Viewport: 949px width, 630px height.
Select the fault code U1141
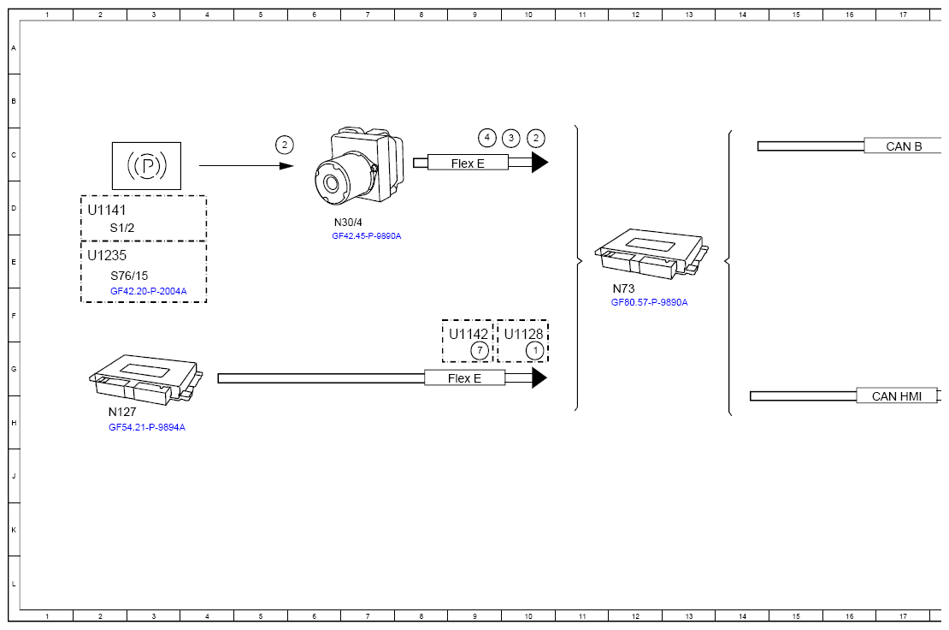[x=107, y=211]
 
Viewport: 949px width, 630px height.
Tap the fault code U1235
[x=107, y=256]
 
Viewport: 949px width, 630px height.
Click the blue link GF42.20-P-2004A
[x=148, y=291]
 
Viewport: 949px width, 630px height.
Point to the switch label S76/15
[x=129, y=276]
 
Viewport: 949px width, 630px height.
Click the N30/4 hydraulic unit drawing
[x=359, y=168]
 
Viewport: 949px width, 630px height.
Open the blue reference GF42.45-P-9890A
[x=366, y=236]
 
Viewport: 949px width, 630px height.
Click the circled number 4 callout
[x=487, y=138]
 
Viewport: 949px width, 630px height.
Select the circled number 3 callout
[x=511, y=138]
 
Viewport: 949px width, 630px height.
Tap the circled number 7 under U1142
[x=480, y=350]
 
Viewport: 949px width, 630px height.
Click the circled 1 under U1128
[x=535, y=350]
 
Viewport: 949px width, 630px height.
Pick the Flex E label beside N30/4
[x=468, y=163]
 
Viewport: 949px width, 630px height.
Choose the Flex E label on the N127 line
[x=465, y=378]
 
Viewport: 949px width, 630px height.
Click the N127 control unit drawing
[x=146, y=380]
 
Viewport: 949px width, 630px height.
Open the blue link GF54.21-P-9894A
[x=147, y=428]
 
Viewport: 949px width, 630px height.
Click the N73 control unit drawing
[x=651, y=254]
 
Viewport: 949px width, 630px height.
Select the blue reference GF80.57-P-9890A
[x=650, y=302]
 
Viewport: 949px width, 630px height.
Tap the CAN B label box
[x=903, y=146]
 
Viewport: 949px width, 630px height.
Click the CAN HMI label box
[x=897, y=396]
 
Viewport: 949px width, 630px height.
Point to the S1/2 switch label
[x=121, y=229]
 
